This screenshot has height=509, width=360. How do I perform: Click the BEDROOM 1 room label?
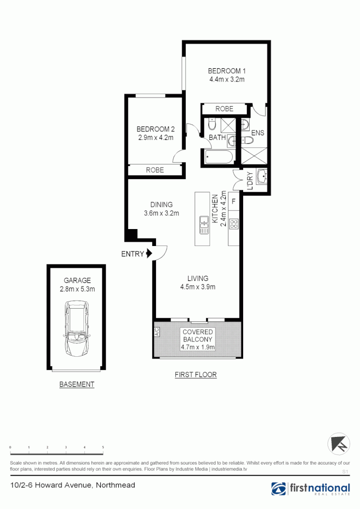click(x=227, y=71)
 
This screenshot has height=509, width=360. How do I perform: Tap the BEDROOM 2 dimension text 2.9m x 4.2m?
click(x=155, y=138)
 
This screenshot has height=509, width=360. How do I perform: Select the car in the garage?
click(x=77, y=328)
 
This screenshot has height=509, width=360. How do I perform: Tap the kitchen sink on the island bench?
click(x=205, y=224)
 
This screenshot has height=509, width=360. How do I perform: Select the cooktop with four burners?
click(x=234, y=223)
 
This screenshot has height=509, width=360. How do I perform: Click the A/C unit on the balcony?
click(x=157, y=332)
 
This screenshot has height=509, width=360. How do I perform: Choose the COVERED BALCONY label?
click(x=198, y=336)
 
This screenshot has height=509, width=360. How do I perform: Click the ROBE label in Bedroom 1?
click(x=224, y=109)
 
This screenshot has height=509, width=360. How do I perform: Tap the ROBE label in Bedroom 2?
click(x=155, y=170)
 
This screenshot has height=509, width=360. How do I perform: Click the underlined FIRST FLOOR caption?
click(x=196, y=375)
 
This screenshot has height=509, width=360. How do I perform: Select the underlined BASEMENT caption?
click(x=77, y=385)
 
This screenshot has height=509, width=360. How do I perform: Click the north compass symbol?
click(x=339, y=444)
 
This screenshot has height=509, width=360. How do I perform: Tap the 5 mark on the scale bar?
click(x=103, y=446)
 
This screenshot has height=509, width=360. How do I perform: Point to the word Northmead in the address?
click(x=116, y=485)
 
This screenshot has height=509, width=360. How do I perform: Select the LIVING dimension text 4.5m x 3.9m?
click(x=198, y=287)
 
